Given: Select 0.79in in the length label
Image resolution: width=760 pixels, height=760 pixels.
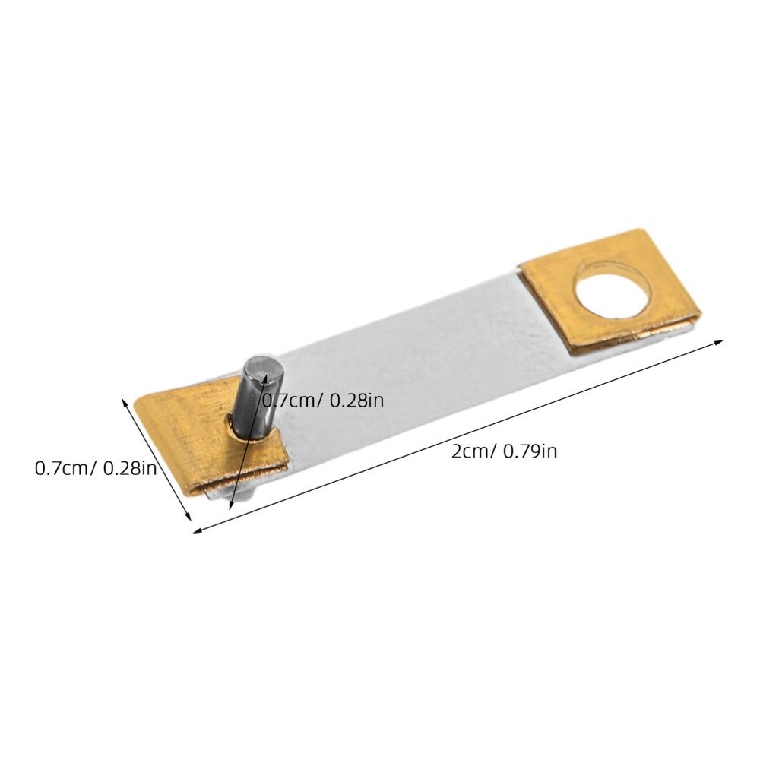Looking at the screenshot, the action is click(x=530, y=451).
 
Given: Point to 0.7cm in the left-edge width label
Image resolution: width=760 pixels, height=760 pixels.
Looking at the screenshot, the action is click(x=61, y=468).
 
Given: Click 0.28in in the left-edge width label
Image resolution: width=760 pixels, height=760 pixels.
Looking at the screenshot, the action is click(x=131, y=468).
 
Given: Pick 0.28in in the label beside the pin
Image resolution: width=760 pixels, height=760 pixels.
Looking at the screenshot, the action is click(x=356, y=401).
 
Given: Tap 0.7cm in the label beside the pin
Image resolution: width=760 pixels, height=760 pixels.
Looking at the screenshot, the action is click(x=287, y=401).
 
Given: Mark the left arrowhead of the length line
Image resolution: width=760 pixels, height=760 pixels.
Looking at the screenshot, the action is click(x=198, y=530).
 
